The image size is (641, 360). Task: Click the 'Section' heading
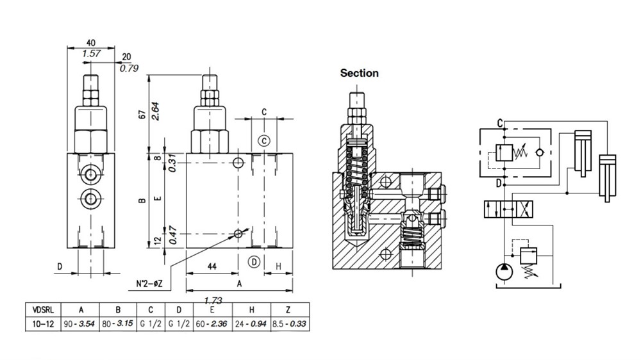coord(360,73)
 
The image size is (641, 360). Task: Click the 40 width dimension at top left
coord(91,43)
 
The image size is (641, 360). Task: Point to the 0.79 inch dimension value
coord(129,69)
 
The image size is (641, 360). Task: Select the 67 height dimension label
coord(142,115)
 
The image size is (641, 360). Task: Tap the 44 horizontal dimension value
coord(212,266)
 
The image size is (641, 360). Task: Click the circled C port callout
coord(265,141)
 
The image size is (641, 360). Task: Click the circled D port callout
coord(254,262)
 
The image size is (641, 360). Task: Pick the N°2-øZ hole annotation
coord(149,284)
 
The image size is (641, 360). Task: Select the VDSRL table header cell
coord(43,310)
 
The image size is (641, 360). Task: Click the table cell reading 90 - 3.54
coord(79,324)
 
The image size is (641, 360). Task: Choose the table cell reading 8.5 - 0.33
coord(290,324)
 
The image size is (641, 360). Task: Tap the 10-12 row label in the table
coord(43,324)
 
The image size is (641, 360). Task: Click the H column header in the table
coord(251,310)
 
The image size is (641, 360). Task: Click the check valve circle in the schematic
coord(539,152)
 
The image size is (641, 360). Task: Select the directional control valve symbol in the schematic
coord(508,209)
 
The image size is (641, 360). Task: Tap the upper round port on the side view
coord(90,174)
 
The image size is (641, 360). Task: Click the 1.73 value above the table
coord(213,300)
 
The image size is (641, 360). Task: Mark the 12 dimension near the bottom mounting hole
coord(158,241)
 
